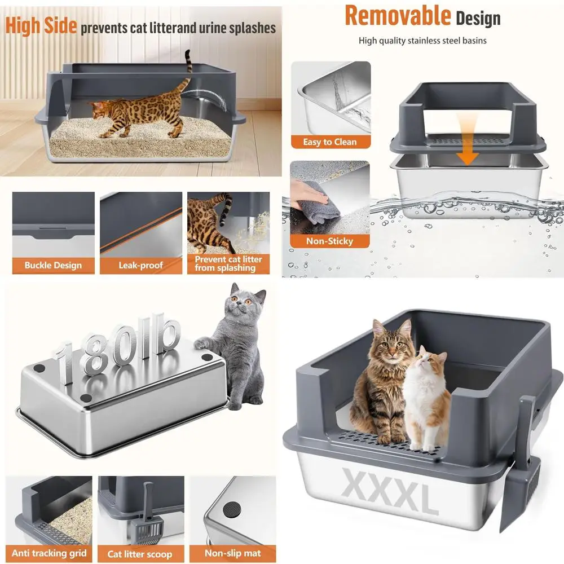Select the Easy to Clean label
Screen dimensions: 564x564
tap(330, 142)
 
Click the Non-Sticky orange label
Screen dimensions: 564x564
tap(329, 241)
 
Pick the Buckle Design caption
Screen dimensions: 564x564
tap(53, 265)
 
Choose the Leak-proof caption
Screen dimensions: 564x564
tap(141, 265)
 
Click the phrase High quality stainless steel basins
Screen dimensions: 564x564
tap(422, 41)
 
